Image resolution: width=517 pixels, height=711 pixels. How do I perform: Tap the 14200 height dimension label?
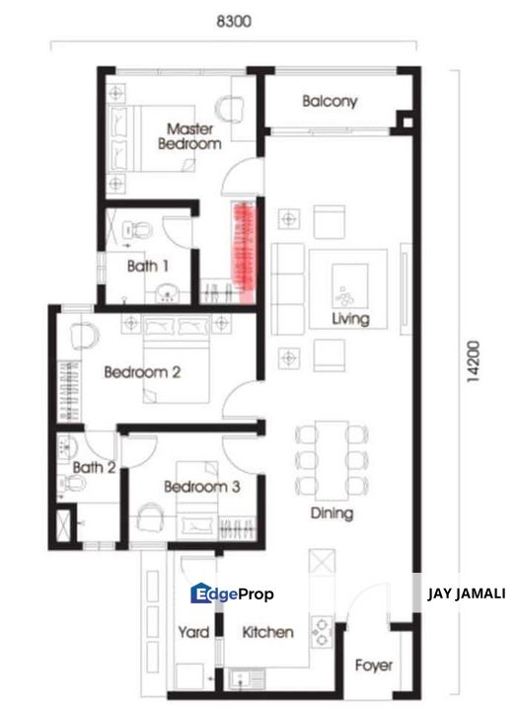pos(477,369)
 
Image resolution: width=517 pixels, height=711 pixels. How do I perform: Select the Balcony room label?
pos(330,102)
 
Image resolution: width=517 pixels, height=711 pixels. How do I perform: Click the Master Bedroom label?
pos(189,136)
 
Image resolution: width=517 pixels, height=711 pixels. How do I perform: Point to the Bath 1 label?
pos(148,266)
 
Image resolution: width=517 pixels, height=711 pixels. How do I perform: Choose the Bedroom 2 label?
pos(142,372)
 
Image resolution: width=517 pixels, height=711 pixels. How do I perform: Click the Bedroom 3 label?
pos(201,487)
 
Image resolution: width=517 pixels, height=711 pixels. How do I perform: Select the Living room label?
pos(350,319)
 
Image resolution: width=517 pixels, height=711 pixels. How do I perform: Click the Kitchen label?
pos(267,632)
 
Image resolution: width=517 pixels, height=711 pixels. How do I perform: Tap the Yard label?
pos(193,632)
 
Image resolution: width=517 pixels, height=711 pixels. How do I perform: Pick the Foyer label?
pos(373,666)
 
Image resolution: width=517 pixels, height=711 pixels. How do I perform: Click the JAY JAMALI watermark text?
pos(466,593)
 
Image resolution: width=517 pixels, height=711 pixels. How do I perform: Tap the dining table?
pos(332,457)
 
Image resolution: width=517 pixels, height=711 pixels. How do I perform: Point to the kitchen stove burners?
pos(322,630)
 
